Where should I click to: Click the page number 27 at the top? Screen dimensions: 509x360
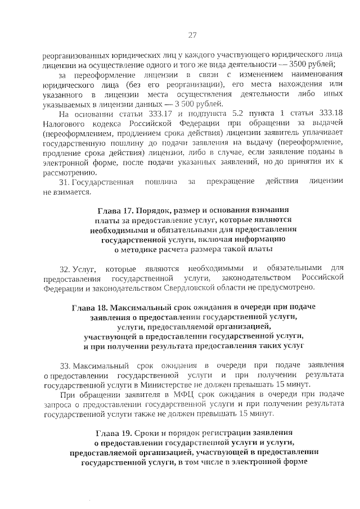191,35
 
